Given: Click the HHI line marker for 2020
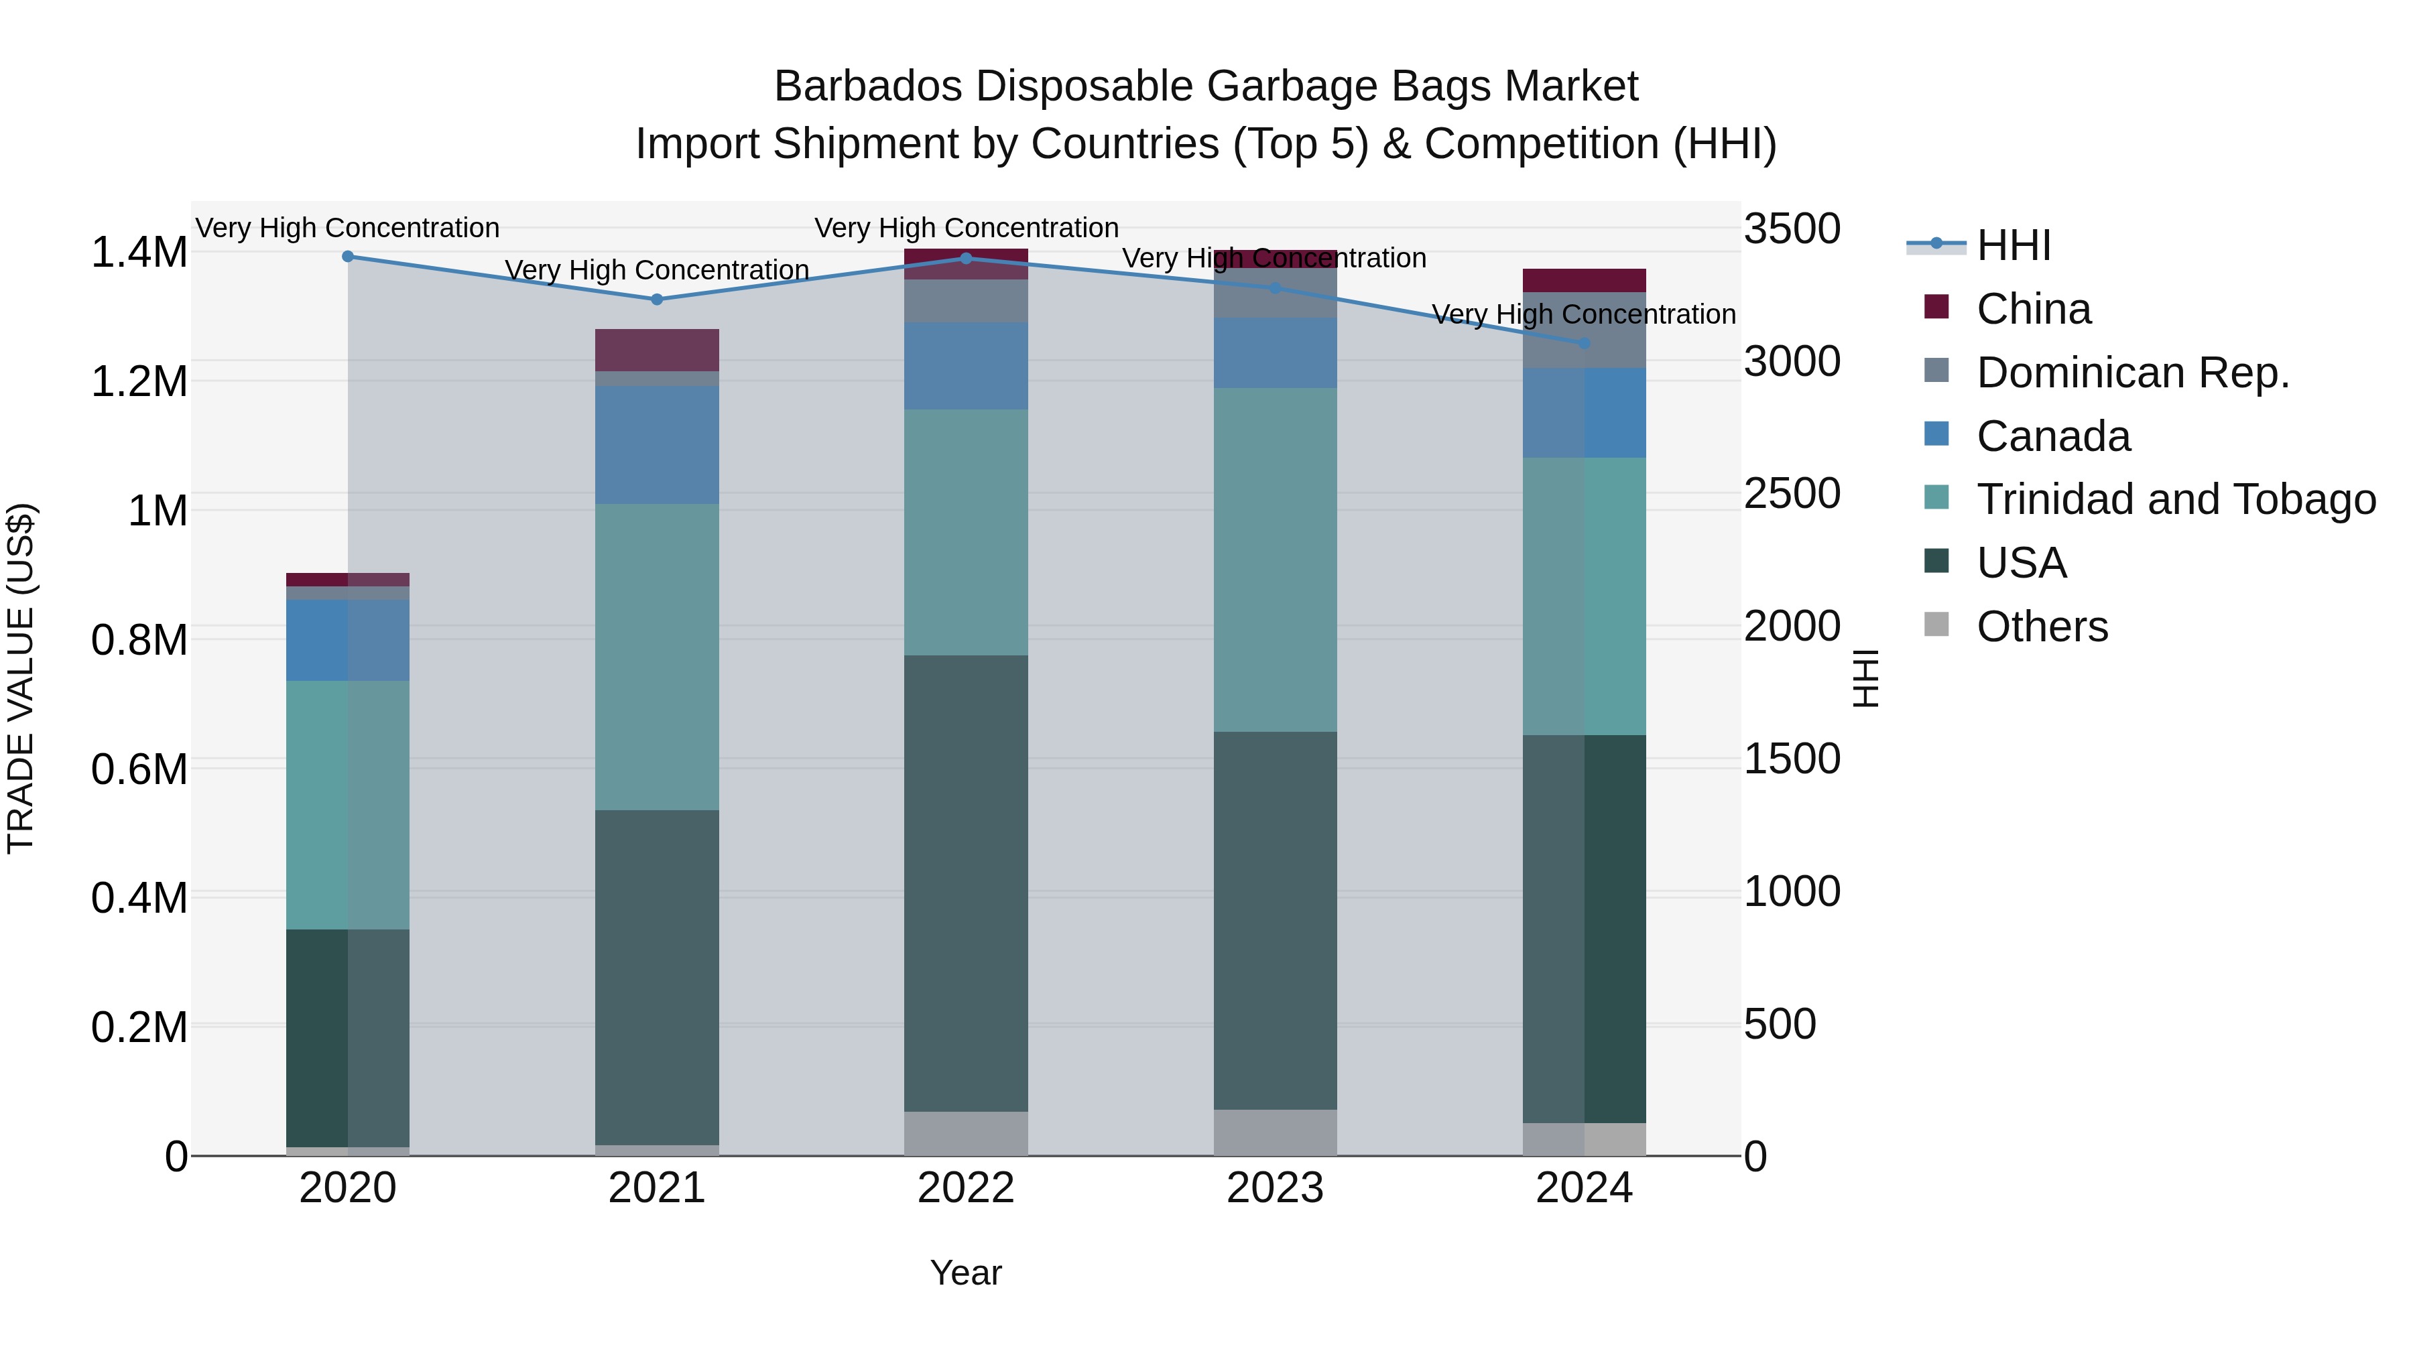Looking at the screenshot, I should [x=347, y=257].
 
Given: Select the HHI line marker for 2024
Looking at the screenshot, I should [x=1584, y=344].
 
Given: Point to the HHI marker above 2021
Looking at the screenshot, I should [x=657, y=300].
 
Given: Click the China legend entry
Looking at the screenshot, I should [x=2033, y=309].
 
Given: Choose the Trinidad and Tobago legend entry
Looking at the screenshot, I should [x=2175, y=499].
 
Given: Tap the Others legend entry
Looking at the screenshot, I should [x=2042, y=627].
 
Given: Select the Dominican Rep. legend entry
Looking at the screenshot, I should [x=2132, y=373].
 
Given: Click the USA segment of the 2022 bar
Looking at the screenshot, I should [x=966, y=883].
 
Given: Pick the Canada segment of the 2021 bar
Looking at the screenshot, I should [x=657, y=445].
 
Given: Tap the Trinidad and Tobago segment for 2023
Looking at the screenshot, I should [x=1275, y=560].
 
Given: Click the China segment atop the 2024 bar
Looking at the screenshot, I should [x=1584, y=280].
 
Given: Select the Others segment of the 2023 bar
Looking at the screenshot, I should [x=1275, y=1133].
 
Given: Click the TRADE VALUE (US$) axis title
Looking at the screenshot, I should [x=21, y=678].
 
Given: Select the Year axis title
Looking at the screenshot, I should [x=966, y=1273].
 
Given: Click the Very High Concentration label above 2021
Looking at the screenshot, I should [x=657, y=269].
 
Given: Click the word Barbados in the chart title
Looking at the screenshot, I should [x=867, y=86].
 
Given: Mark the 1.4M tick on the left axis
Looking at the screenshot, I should [x=139, y=253].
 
